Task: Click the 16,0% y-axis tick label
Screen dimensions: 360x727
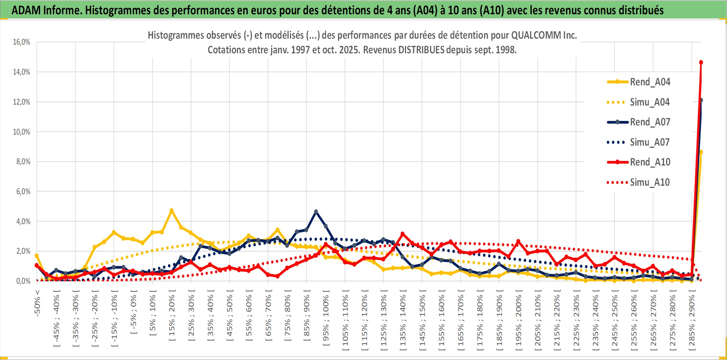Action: pos(22,42)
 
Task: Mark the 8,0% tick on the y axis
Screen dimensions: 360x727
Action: pos(23,162)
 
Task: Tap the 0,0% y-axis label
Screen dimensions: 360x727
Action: pos(23,281)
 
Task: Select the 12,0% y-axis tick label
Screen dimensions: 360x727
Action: pos(22,102)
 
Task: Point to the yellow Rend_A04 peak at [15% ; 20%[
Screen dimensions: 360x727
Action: pos(171,211)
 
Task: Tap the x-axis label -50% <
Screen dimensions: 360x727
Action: pos(37,303)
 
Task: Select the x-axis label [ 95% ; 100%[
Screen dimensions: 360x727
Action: pos(326,321)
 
